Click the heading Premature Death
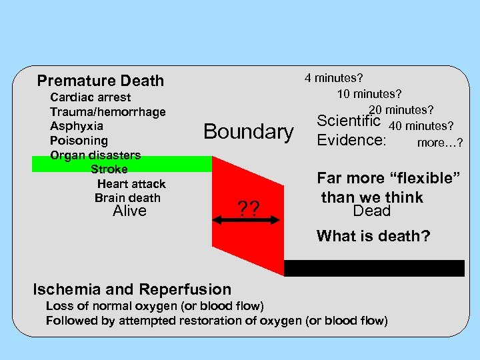point(100,81)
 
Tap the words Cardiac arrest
point(91,97)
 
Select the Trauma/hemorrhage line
point(107,112)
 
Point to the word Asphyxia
point(77,126)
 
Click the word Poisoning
point(79,141)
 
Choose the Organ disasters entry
point(95,155)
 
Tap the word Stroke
point(109,169)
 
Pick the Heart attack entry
point(131,184)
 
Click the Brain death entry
point(127,198)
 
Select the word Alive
point(129,211)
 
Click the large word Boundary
point(248,131)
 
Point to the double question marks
point(248,210)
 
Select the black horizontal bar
point(374,268)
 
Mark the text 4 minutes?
point(338,78)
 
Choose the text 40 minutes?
point(421,126)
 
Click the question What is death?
point(373,236)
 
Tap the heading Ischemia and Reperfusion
point(132,289)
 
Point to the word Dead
point(371,211)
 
